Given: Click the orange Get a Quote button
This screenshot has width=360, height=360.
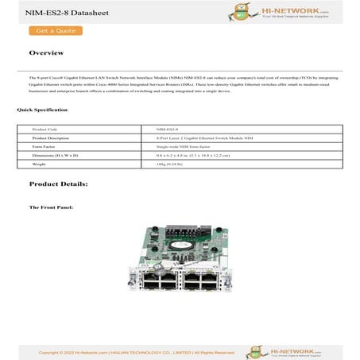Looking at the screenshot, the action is pos(56,31).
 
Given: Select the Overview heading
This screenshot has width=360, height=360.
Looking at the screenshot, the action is pos(46,53).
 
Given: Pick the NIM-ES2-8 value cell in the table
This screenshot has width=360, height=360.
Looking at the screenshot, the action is pos(168,128).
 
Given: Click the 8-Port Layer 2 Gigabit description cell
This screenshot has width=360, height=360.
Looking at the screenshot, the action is pos(199,137).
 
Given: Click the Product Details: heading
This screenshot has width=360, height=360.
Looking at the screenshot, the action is pos(59,184).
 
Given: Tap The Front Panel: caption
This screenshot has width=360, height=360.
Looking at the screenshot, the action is pos(51,207).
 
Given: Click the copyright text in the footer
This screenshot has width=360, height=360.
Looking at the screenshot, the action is pos(135,351).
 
